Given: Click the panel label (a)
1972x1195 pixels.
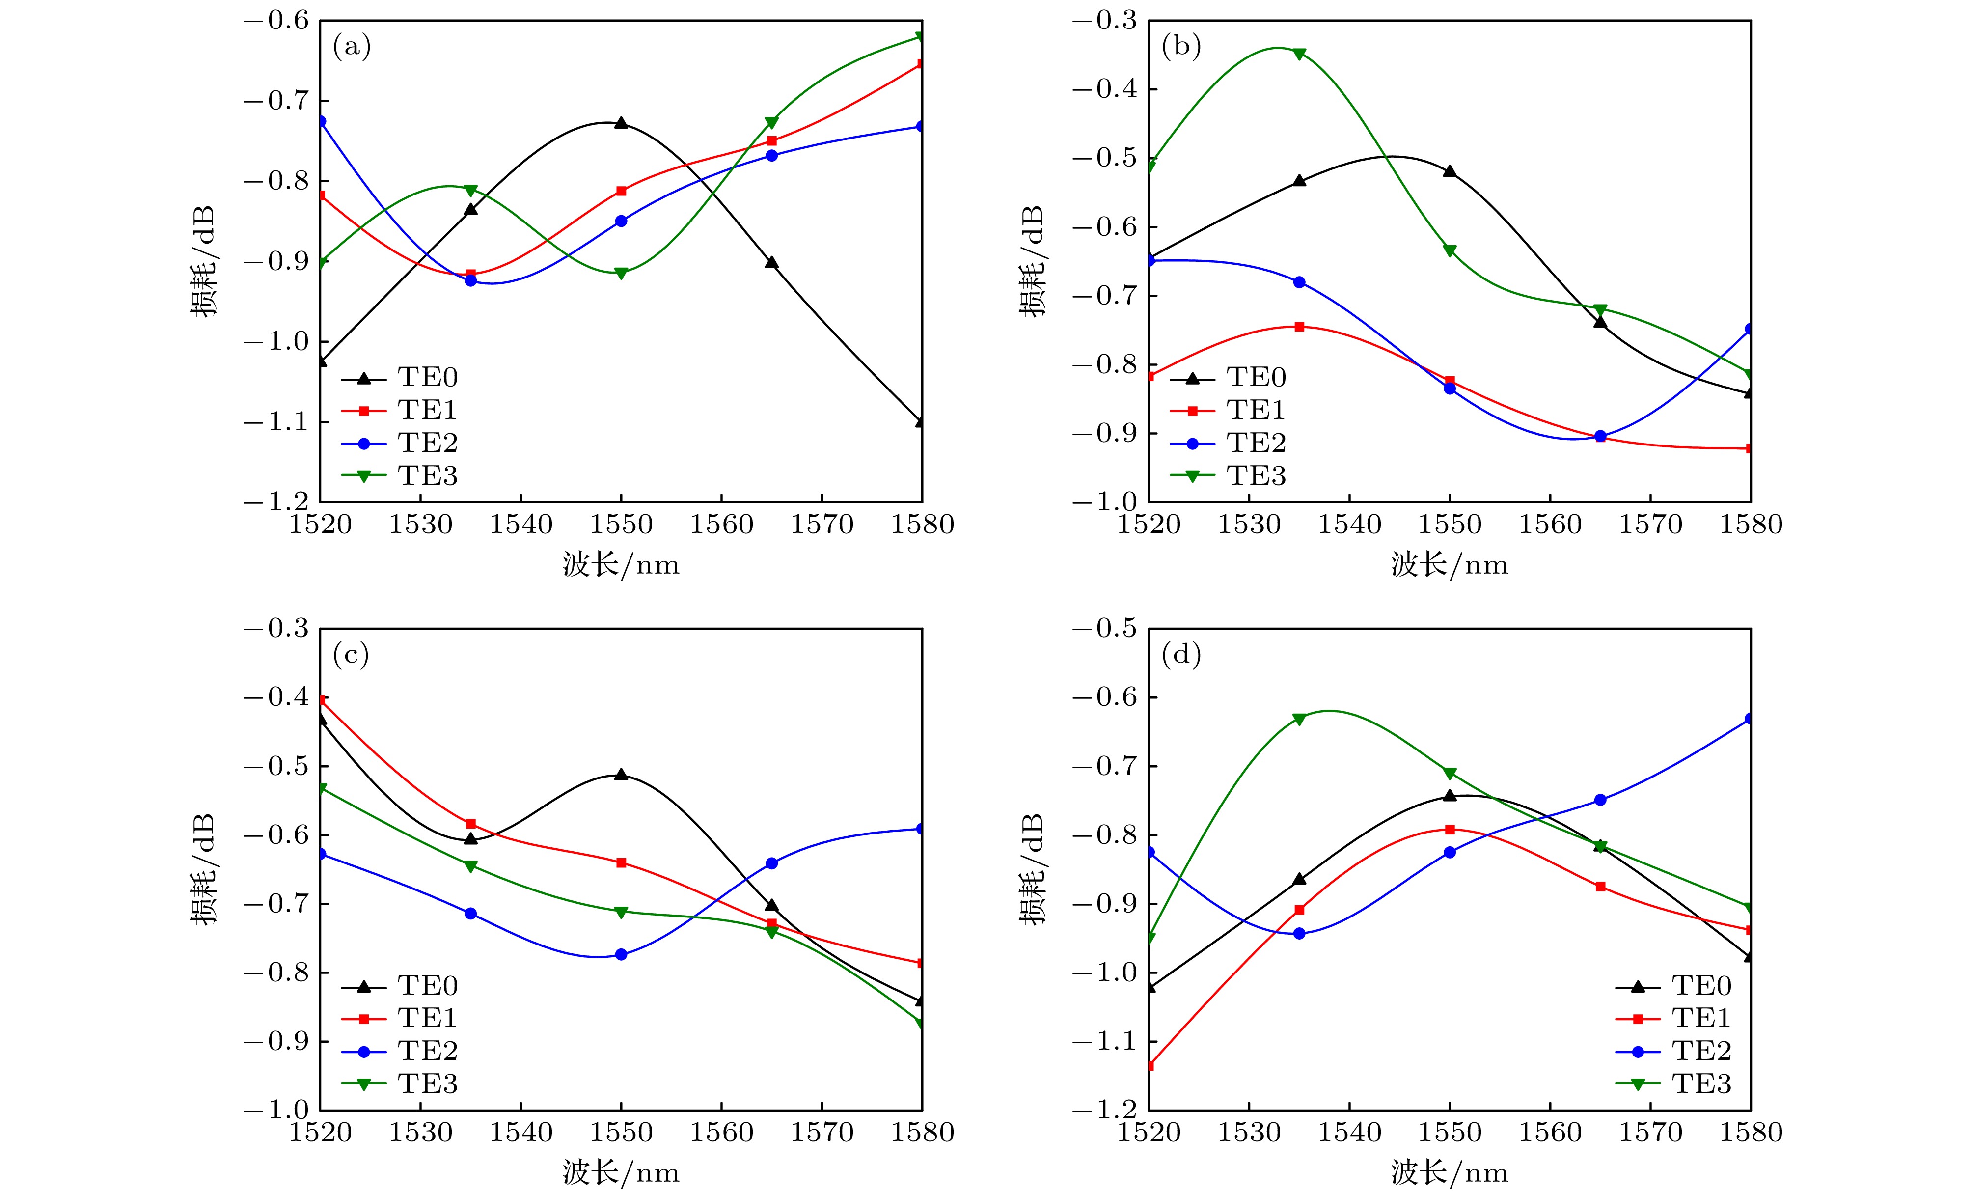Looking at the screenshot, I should click(x=352, y=47).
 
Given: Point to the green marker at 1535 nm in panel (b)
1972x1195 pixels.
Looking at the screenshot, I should click(x=1299, y=54).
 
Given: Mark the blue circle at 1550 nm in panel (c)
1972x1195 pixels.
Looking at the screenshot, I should click(x=621, y=954).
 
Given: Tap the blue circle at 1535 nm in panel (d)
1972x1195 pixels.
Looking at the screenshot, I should click(x=1299, y=933).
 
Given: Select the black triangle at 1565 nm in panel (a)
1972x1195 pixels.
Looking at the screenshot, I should click(x=771, y=263).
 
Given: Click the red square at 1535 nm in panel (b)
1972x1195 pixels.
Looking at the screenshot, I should click(x=1299, y=327).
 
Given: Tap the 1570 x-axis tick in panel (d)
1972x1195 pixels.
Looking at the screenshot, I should click(x=1650, y=1133).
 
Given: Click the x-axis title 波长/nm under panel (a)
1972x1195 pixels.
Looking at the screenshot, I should click(x=621, y=565).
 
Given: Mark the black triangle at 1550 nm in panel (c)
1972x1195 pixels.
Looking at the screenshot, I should click(x=621, y=775).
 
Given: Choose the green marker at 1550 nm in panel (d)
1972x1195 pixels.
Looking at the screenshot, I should click(x=1450, y=773).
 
